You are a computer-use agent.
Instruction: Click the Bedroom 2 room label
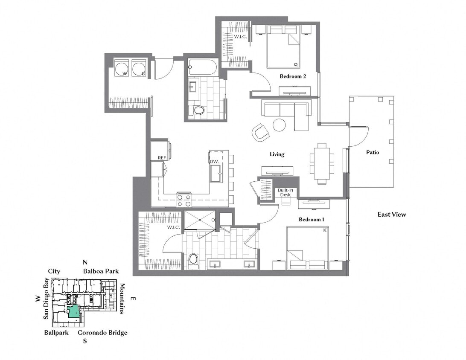(293, 76)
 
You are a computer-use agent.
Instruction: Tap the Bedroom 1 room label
(311, 219)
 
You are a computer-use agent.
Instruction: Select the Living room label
(277, 154)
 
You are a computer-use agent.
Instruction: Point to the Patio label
(372, 152)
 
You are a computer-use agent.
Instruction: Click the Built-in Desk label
(285, 192)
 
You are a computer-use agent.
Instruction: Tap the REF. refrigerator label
(162, 158)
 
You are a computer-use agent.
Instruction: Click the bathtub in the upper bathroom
(203, 67)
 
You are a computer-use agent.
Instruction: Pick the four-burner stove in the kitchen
(184, 200)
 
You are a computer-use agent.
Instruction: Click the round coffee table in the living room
(279, 125)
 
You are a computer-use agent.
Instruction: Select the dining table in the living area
(322, 163)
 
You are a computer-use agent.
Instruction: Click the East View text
(391, 215)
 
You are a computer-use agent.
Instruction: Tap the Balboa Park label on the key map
(101, 271)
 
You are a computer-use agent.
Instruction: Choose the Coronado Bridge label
(102, 333)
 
